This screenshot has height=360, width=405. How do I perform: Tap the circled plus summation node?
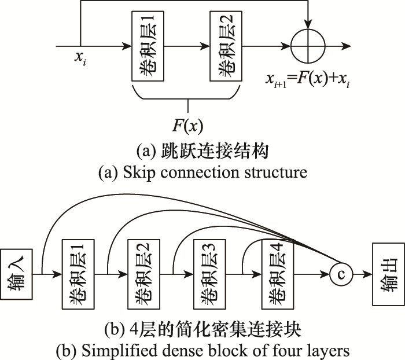(x=311, y=46)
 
